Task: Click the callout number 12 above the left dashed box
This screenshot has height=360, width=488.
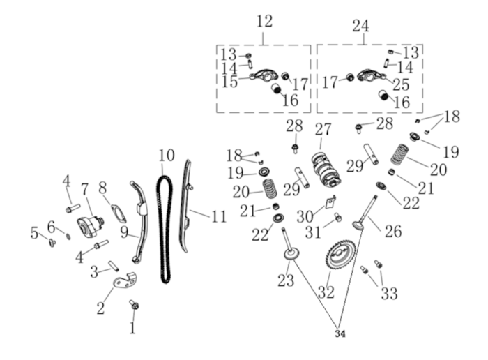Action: click(264, 22)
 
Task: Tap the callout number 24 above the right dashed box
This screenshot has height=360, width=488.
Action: click(360, 26)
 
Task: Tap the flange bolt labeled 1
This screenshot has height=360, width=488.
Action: click(134, 306)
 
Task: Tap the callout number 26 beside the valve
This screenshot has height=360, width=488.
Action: click(394, 231)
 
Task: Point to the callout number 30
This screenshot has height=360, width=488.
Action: click(305, 217)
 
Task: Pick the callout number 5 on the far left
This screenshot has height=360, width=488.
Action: click(34, 233)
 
